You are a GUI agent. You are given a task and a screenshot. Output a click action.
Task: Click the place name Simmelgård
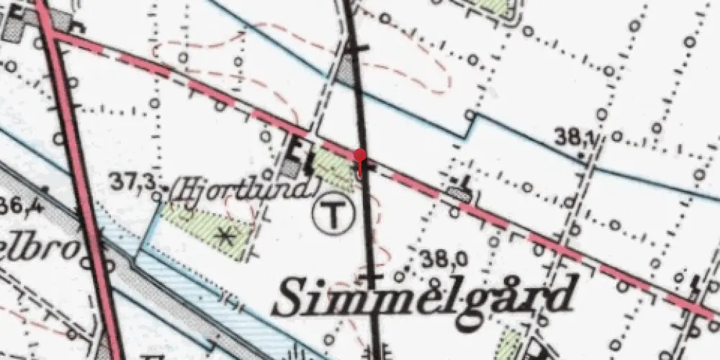pyautogui.click(x=425, y=297)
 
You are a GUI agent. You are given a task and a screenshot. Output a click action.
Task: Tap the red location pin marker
pyautogui.click(x=360, y=155)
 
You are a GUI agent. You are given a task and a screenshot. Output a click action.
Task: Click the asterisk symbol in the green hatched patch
pyautogui.click(x=228, y=235)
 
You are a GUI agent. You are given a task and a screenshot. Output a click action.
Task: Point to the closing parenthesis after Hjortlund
pyautogui.click(x=314, y=190)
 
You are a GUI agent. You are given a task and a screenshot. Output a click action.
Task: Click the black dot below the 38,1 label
pyautogui.click(x=581, y=153)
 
